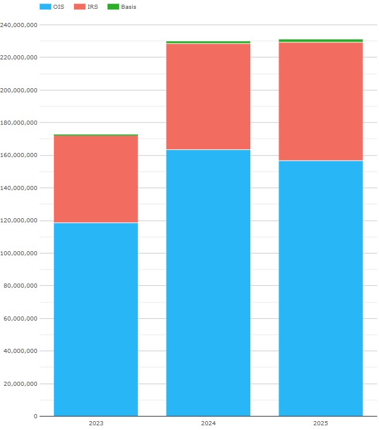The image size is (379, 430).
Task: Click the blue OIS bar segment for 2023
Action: (x=96, y=319)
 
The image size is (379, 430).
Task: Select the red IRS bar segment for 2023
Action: (x=96, y=179)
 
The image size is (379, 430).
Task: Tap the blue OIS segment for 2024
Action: (x=208, y=282)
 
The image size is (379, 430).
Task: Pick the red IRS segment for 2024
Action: (x=208, y=96)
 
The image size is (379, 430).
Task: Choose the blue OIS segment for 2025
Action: (x=320, y=288)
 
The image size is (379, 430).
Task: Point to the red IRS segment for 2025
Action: (x=320, y=101)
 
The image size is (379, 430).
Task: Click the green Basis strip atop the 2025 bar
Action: (x=320, y=41)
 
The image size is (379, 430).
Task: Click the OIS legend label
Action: (x=59, y=7)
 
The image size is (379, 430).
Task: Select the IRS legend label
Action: (x=92, y=7)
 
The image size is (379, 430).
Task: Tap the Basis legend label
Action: (x=129, y=7)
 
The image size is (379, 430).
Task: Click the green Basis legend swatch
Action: (x=113, y=7)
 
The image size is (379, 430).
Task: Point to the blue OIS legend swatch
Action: (x=45, y=7)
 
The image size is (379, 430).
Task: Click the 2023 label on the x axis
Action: (x=96, y=424)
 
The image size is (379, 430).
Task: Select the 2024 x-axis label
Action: (x=208, y=424)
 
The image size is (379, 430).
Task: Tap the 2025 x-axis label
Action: (x=320, y=424)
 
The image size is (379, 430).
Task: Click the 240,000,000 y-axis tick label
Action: (x=19, y=25)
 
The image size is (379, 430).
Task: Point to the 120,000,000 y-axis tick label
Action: (x=19, y=221)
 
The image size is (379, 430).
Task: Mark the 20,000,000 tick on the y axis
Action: (x=21, y=384)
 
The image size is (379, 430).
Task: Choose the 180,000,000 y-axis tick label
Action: (x=19, y=122)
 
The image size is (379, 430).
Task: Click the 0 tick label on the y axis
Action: (x=35, y=416)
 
